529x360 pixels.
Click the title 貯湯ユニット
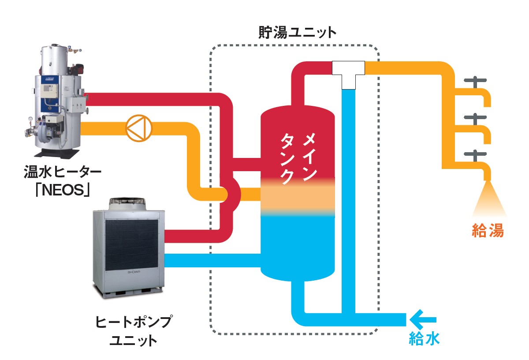click(297, 33)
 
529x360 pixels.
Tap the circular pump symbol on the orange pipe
click(139, 128)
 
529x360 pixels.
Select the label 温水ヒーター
click(62, 172)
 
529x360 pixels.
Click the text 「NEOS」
click(62, 190)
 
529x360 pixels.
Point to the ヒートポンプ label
click(134, 322)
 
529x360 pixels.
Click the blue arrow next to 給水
click(423, 319)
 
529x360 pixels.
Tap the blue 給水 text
click(424, 339)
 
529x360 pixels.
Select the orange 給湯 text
click(488, 230)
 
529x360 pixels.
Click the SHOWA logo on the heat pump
click(134, 272)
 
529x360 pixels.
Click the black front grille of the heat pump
click(131, 245)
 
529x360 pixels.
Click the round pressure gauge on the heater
click(30, 119)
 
